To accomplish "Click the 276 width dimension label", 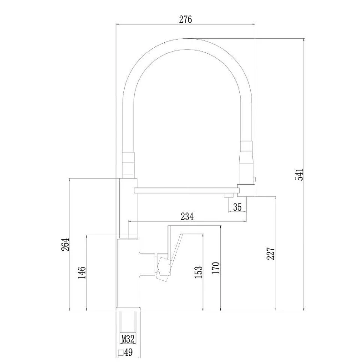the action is (x=186, y=20).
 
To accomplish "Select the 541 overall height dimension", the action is (x=299, y=175).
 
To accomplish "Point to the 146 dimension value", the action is (x=81, y=273).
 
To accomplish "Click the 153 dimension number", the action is (x=198, y=273).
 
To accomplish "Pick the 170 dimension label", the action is (x=216, y=268).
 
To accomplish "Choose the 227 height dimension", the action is (x=270, y=253).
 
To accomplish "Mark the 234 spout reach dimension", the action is (x=187, y=217).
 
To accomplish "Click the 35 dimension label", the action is (x=237, y=207).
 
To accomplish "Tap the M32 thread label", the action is (x=128, y=339).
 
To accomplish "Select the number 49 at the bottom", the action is (x=128, y=353).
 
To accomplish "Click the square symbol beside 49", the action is (x=121, y=353).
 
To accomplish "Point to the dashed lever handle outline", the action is (x=170, y=258).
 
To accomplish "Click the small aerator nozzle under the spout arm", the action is (x=228, y=196).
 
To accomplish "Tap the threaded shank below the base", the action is (x=128, y=323).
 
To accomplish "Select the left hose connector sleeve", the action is (x=128, y=165).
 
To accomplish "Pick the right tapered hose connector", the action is (x=247, y=162).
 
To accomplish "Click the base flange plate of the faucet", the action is (x=128, y=309).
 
